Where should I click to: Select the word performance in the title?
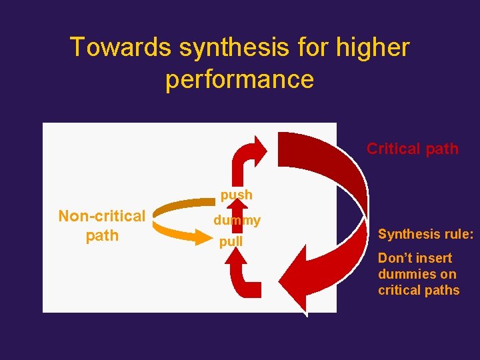pos(239,79)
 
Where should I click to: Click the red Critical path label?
pos(412,149)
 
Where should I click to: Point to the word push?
pos(237,195)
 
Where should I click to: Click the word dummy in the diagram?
pos(237,220)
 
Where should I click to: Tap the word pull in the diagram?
pos(231,241)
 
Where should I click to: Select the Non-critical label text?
pos(101,216)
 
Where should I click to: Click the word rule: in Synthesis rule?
pos(457,234)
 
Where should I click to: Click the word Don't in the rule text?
pos(395,258)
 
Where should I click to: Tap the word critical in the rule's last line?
pos(397,290)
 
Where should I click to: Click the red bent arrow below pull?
pos(245,277)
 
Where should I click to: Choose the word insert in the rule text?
pos(435,258)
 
